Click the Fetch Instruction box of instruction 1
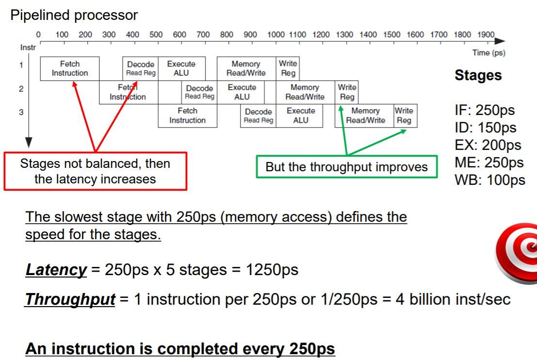pos(70,68)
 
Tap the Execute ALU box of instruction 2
pos(242,92)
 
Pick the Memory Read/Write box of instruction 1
pos(246,68)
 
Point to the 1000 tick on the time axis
pos(276,35)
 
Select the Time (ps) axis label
pos(488,53)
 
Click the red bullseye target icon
pos(517,252)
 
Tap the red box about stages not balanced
pos(95,171)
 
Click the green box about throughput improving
pos(346,167)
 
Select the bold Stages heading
pos(478,76)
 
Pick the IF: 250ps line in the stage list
pos(484,110)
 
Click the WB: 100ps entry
pos(489,180)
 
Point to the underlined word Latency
pos(56,270)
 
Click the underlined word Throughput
pos(70,299)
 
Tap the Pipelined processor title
pos(74,15)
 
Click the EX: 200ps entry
pos(488,145)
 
